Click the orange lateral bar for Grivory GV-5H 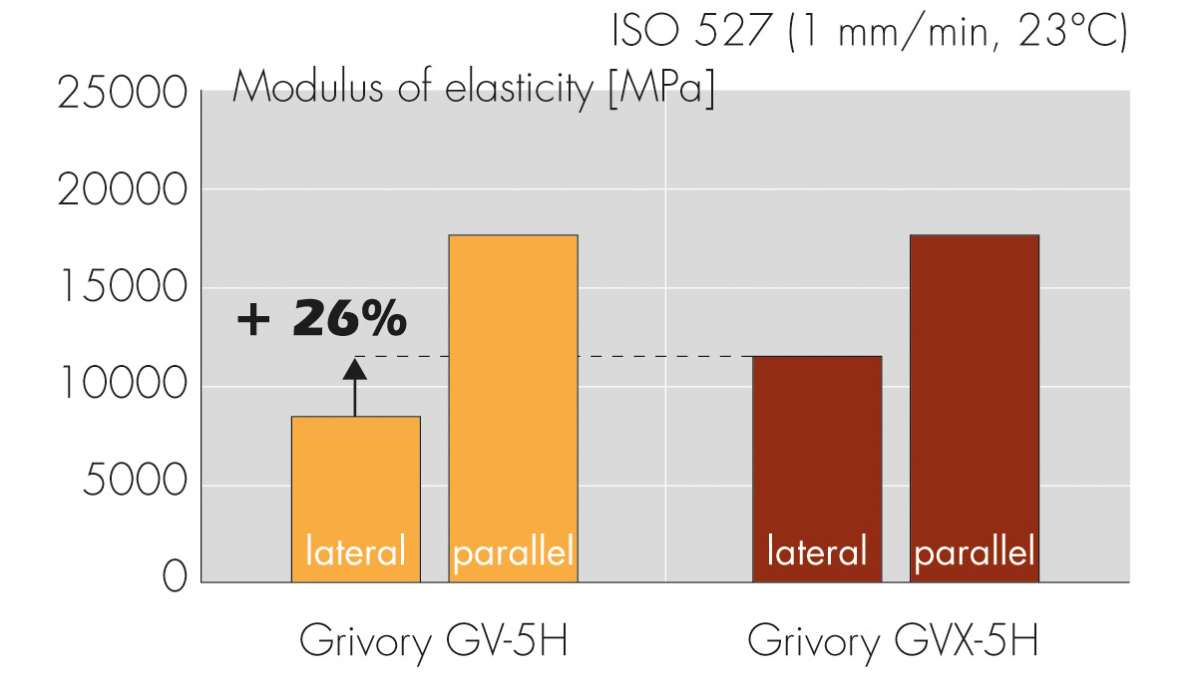tap(355, 479)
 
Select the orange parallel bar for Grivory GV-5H tap(514, 399)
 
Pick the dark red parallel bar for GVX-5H tap(975, 399)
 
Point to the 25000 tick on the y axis tap(122, 95)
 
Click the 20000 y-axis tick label tap(122, 190)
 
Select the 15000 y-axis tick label tap(122, 288)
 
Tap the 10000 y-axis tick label tap(122, 386)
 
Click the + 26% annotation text tap(321, 320)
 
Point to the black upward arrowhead tap(354, 369)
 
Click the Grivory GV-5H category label tap(434, 640)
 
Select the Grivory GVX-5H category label tap(893, 640)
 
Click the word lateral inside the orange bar tap(355, 551)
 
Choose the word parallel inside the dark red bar tap(975, 551)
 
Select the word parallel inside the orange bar tap(514, 551)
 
